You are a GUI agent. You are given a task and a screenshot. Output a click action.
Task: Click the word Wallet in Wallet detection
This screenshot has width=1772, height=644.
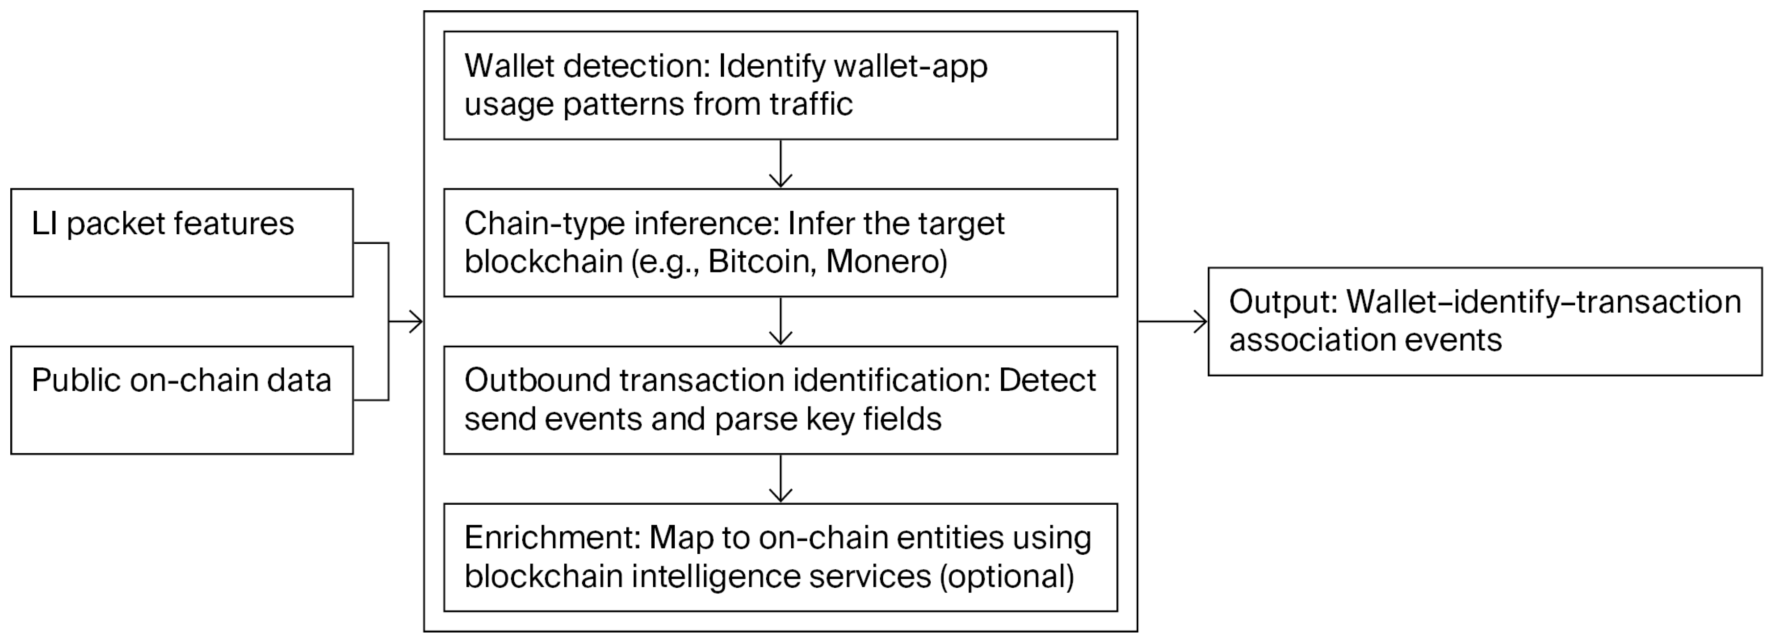[510, 66]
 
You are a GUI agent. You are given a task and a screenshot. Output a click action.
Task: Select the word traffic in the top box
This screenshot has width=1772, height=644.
[811, 104]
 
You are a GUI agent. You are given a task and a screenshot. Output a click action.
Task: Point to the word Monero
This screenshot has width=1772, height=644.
[886, 261]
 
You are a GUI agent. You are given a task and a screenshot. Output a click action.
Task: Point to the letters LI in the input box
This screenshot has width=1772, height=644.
[44, 224]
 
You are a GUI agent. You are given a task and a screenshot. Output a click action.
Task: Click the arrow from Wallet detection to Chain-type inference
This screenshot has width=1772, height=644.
[781, 164]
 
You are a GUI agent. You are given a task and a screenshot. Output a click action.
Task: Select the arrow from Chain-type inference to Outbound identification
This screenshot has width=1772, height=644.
[781, 321]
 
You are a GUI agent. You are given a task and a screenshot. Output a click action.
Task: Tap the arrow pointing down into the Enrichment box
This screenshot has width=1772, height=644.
[781, 479]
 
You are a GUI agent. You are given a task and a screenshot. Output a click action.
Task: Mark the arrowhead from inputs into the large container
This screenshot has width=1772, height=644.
[415, 321]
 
